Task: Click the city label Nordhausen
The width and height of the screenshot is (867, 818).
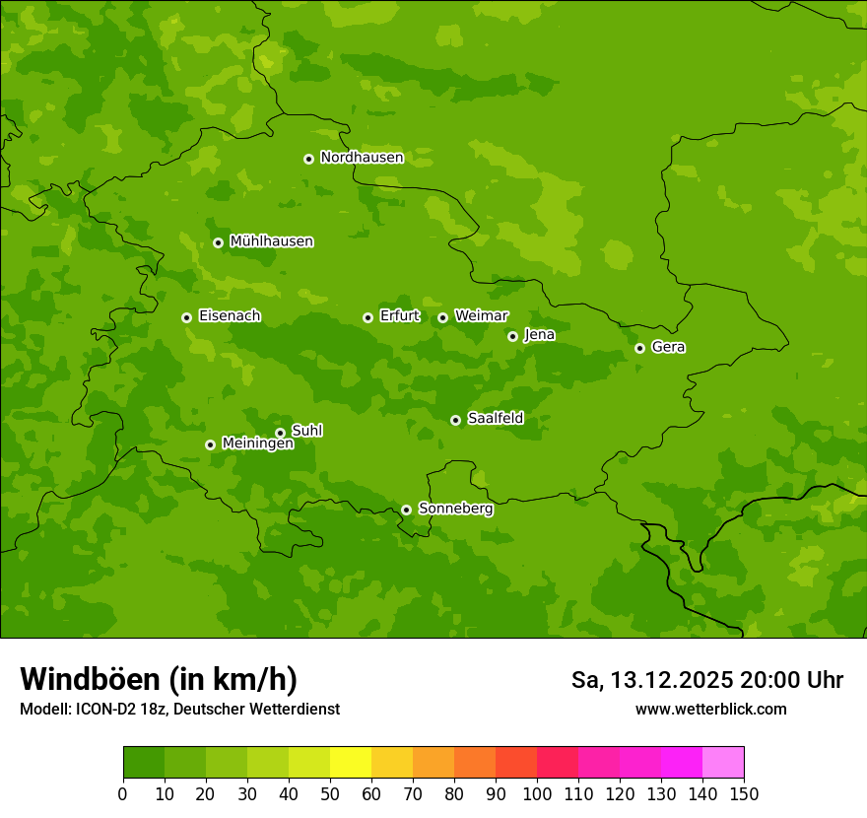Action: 362,158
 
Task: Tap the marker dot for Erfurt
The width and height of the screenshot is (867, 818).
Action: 367,317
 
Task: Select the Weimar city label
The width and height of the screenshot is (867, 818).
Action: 481,316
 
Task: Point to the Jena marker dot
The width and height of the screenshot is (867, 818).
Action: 512,336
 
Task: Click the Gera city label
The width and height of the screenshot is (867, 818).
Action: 668,347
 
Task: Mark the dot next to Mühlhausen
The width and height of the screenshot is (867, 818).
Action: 218,242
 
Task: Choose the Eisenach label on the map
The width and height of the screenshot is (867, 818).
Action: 230,316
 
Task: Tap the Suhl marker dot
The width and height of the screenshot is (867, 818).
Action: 280,433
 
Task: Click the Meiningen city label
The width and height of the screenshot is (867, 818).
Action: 257,443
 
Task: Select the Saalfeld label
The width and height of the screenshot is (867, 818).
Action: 495,419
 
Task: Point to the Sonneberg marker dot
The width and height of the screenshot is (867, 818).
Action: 406,510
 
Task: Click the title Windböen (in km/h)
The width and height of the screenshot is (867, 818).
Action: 159,679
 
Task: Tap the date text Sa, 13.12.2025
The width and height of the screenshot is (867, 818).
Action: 651,680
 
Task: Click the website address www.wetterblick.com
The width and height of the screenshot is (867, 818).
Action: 710,709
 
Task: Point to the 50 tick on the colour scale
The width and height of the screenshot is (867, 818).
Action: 330,793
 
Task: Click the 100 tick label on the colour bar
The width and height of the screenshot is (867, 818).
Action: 537,793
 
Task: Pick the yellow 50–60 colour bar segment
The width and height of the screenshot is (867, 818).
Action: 351,763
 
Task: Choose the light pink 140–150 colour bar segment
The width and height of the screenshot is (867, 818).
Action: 723,763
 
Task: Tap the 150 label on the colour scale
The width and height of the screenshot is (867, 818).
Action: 744,793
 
